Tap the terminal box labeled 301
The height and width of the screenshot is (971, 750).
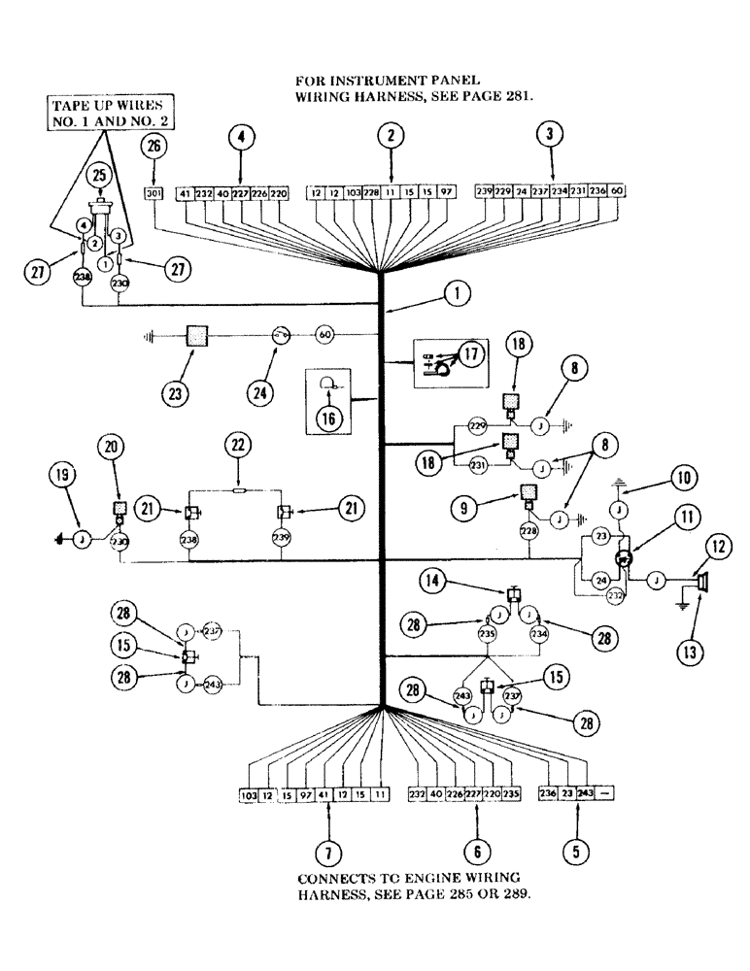point(153,193)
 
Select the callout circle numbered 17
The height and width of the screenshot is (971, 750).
point(471,354)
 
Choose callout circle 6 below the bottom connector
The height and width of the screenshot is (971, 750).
point(476,853)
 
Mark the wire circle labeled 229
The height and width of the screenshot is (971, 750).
point(477,426)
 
